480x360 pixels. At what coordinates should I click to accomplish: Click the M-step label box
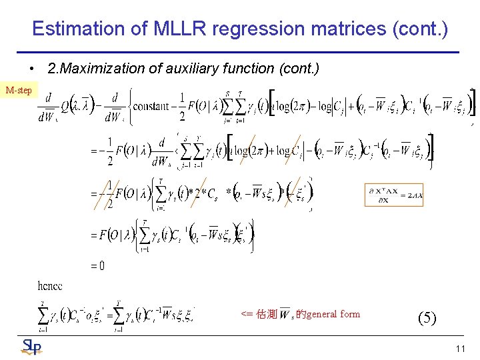(18, 90)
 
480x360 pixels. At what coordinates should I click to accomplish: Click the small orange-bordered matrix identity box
(394, 193)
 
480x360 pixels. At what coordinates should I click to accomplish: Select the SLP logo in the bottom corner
(31, 347)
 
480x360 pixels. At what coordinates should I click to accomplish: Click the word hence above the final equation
(50, 286)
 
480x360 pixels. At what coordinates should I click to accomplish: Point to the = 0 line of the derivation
(97, 266)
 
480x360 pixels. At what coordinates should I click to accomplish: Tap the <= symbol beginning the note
(246, 314)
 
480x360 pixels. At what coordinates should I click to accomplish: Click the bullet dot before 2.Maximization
(31, 69)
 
